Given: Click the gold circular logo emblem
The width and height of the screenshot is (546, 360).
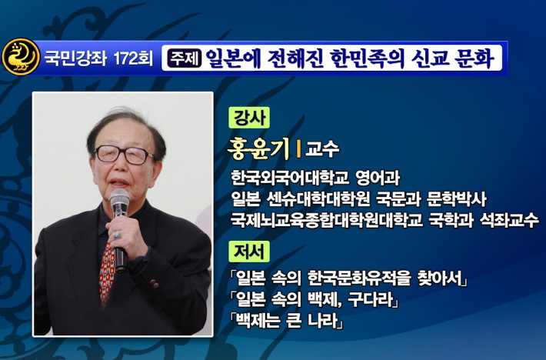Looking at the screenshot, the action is [x=21, y=57].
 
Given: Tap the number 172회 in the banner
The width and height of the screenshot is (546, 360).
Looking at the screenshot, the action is [x=133, y=58].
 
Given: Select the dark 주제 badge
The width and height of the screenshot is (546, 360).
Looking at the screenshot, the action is [x=185, y=58].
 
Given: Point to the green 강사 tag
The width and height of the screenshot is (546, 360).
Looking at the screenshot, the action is [x=249, y=118].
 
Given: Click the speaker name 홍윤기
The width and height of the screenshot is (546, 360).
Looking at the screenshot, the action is [x=258, y=148].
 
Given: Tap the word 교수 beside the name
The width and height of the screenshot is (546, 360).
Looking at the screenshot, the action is [x=321, y=149].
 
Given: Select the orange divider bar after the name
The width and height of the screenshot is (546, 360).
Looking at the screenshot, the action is [x=298, y=149].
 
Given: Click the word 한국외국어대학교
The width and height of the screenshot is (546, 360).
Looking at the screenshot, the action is [x=290, y=178].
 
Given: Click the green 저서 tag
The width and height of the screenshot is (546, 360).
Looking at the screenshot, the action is [x=249, y=252].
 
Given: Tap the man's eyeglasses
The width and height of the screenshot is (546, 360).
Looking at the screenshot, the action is [x=125, y=155].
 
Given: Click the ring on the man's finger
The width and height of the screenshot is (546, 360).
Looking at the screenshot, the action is [x=116, y=235].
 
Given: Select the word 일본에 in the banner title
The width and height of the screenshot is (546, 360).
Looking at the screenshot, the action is [x=233, y=58].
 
